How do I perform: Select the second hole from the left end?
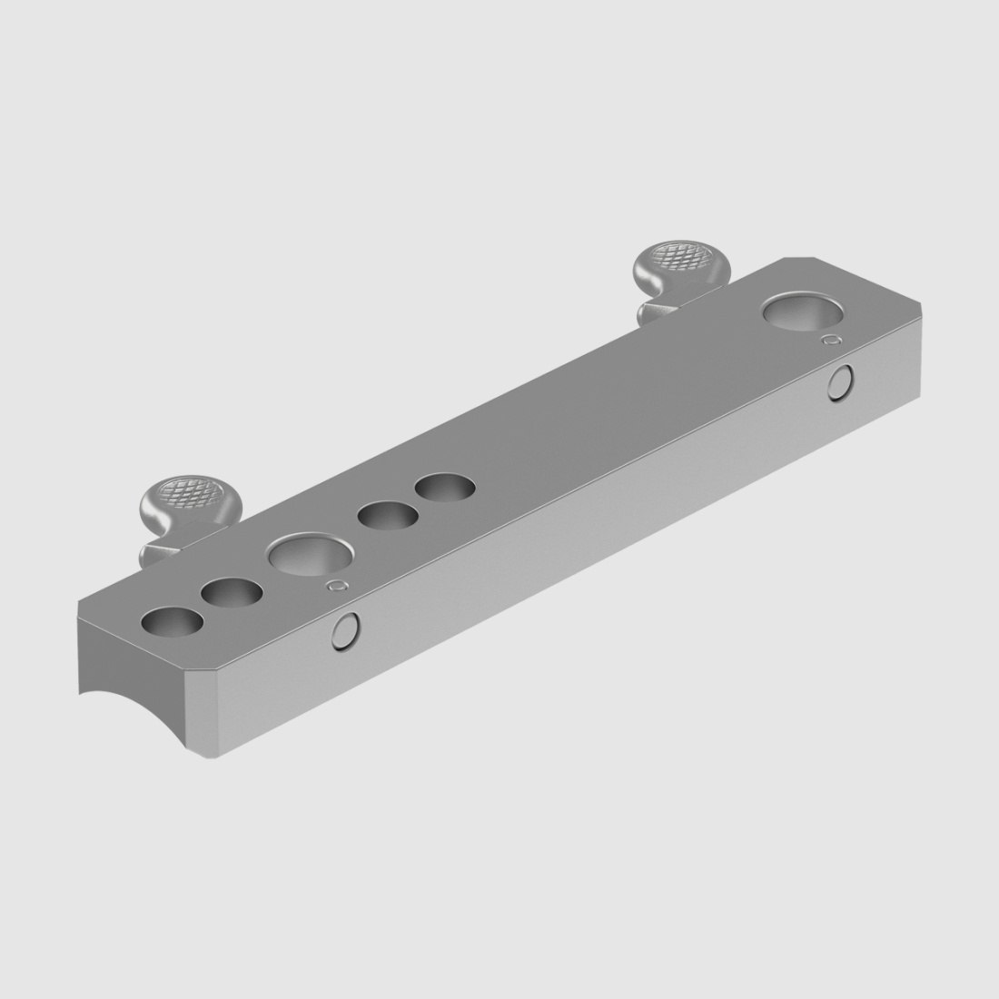pos(232,594)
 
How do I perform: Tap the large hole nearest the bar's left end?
pos(310,556)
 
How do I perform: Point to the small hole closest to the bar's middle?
pos(446,488)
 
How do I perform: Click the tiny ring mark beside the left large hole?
pos(338,585)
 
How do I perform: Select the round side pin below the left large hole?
pos(346,631)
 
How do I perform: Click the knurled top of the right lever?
pos(681,256)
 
